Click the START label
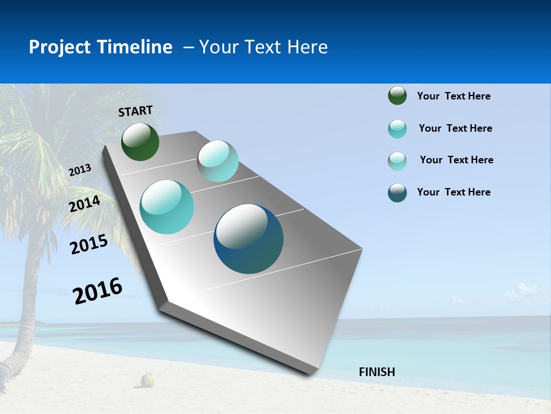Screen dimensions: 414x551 click(135, 111)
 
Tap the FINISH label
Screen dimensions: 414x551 click(377, 372)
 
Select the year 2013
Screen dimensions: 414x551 click(80, 170)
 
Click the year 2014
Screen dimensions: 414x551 click(85, 204)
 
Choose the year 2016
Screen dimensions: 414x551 click(98, 291)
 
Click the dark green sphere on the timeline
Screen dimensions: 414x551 click(140, 142)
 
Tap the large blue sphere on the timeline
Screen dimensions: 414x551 click(249, 239)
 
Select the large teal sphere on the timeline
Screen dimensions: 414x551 click(167, 207)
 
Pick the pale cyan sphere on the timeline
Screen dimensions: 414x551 click(218, 161)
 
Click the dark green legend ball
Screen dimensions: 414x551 click(397, 96)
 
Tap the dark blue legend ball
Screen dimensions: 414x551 click(397, 193)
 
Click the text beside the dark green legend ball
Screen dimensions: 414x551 click(453, 96)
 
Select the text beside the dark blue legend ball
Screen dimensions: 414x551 click(453, 192)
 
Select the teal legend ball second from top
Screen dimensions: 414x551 click(397, 129)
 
